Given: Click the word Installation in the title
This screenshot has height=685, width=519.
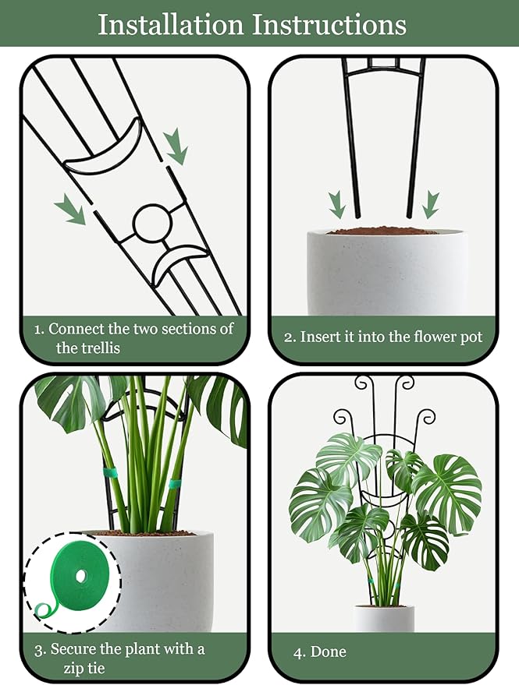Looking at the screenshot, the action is (x=170, y=24).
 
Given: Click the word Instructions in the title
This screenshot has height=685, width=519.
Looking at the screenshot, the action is (x=330, y=24).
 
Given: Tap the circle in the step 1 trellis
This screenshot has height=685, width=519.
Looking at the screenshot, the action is (x=151, y=223).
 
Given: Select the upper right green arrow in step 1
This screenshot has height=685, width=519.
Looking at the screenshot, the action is (x=176, y=146).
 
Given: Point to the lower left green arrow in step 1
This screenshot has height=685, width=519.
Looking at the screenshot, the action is (x=70, y=210).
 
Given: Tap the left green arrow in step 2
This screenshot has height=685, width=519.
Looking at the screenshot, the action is (x=337, y=204).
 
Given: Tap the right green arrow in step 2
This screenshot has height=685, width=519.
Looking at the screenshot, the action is (x=431, y=204).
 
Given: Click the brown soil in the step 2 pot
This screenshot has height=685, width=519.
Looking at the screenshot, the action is (x=382, y=231).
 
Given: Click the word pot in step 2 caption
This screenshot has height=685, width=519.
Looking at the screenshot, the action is (x=472, y=337).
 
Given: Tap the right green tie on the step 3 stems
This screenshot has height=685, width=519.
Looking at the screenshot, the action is (x=175, y=485).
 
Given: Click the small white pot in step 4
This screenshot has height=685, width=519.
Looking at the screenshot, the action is (x=384, y=618).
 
